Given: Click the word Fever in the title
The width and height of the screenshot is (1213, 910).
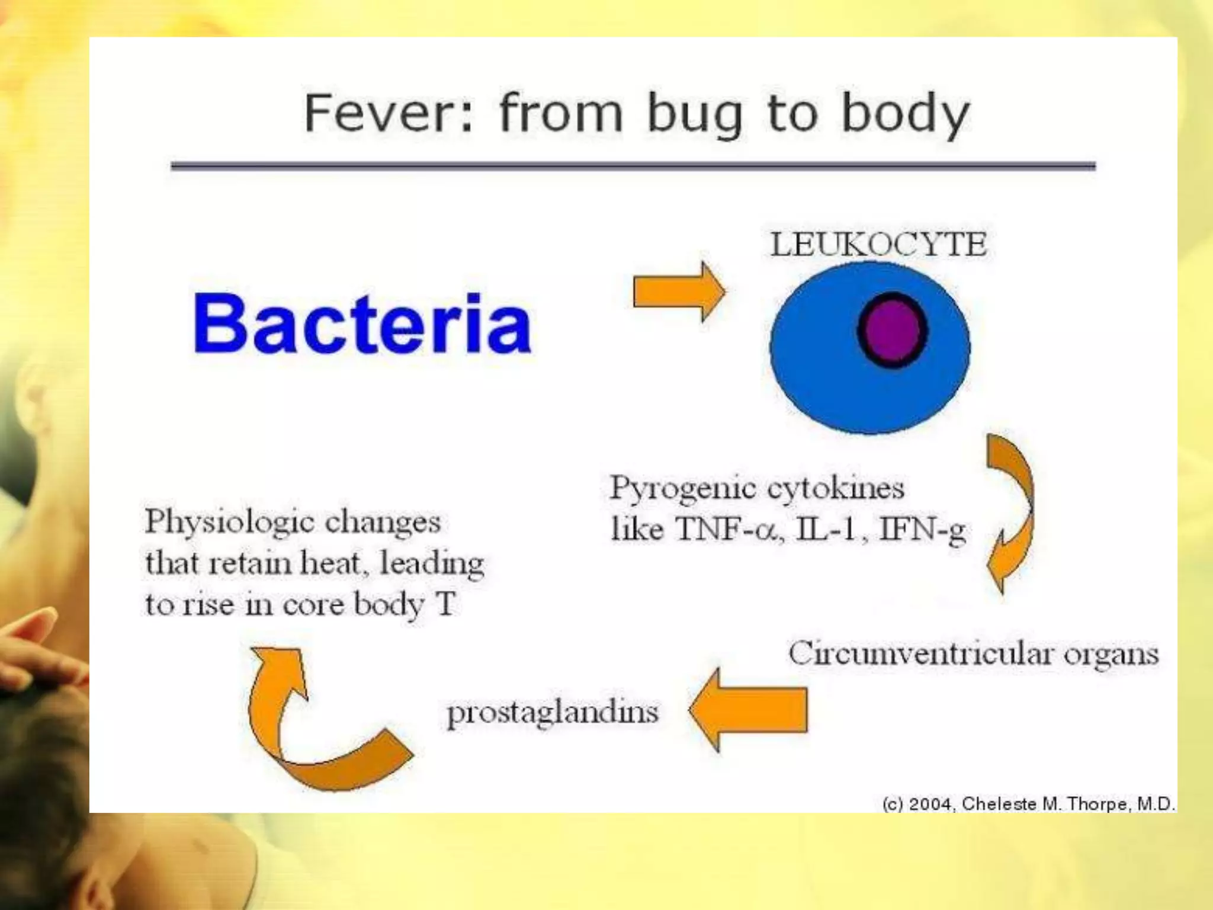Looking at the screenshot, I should pyautogui.click(x=388, y=113).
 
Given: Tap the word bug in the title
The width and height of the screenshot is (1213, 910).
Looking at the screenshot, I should pyautogui.click(x=695, y=114).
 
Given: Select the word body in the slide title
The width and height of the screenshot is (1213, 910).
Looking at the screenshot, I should pyautogui.click(x=906, y=114).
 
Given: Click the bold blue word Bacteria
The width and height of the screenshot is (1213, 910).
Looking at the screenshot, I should pyautogui.click(x=362, y=325).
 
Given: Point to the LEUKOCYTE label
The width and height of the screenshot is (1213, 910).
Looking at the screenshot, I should pyautogui.click(x=878, y=245).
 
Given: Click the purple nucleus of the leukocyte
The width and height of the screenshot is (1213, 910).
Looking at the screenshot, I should pyautogui.click(x=892, y=331).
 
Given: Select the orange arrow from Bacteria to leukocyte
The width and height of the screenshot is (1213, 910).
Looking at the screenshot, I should pyautogui.click(x=679, y=291).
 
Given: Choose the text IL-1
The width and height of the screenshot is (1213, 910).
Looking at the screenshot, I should pyautogui.click(x=826, y=529).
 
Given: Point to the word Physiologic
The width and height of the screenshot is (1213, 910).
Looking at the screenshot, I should pyautogui.click(x=230, y=523).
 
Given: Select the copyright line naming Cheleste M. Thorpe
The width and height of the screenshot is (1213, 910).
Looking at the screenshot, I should pyautogui.click(x=1028, y=804).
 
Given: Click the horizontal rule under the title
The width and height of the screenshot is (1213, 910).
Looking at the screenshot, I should pyautogui.click(x=633, y=166).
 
